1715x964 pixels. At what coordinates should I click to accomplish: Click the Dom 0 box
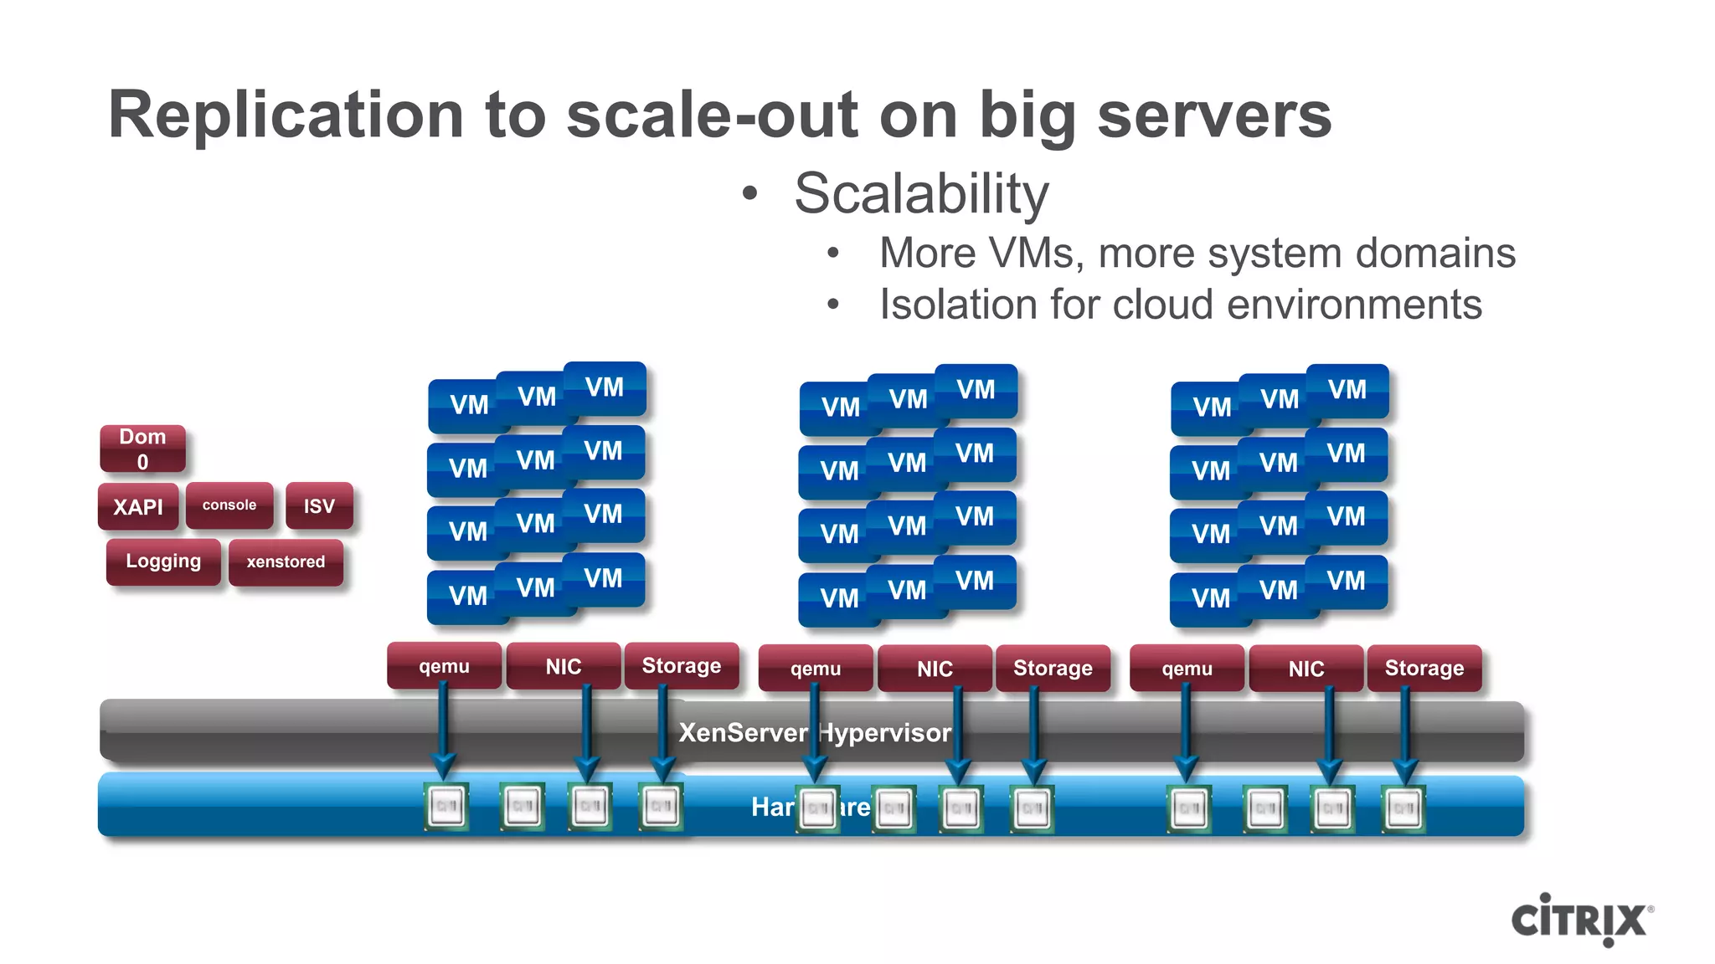(142, 449)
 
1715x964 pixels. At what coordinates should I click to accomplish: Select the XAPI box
(138, 506)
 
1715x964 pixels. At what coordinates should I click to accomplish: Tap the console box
(229, 505)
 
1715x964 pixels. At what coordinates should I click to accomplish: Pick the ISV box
(319, 505)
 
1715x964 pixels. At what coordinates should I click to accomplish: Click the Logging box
(163, 561)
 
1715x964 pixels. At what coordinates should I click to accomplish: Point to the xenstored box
(286, 561)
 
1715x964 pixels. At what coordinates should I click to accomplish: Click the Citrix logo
(1581, 920)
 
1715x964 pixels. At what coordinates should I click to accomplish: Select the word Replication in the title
(286, 115)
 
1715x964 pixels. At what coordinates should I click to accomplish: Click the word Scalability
(921, 193)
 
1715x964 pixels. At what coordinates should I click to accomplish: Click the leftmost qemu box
(444, 666)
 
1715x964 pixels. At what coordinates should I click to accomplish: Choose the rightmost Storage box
(1424, 668)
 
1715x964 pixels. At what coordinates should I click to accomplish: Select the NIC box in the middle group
(935, 669)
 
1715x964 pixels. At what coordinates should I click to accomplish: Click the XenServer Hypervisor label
(814, 733)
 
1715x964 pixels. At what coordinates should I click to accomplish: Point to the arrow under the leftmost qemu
(444, 728)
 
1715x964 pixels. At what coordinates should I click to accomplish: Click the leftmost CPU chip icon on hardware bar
(445, 807)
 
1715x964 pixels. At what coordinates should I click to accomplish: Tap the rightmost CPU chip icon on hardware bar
(1403, 808)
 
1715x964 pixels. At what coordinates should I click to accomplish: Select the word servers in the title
(1213, 115)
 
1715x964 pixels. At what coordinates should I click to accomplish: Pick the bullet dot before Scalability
(749, 193)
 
